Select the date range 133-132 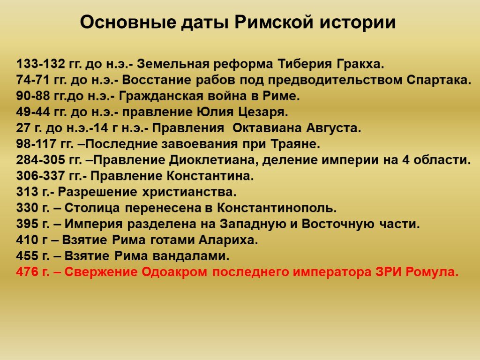[41, 64]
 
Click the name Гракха [360, 64]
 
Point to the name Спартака [439, 80]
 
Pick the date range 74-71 [33, 80]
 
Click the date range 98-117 [36, 144]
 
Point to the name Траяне [295, 144]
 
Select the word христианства [189, 192]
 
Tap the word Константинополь [277, 208]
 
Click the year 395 [28, 224]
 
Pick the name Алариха [228, 240]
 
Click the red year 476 [28, 272]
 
